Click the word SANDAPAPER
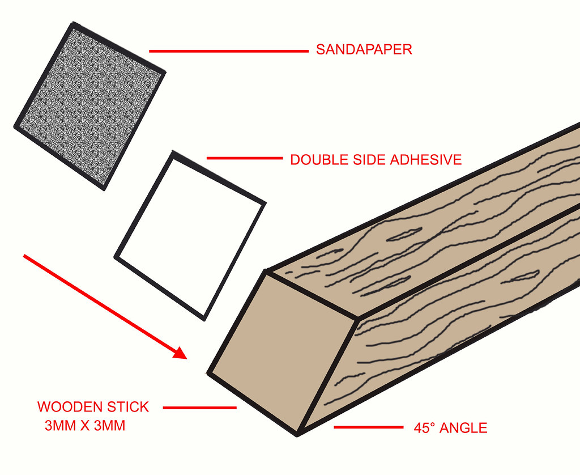click(x=364, y=50)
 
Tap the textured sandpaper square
click(x=89, y=107)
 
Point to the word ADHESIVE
click(x=425, y=160)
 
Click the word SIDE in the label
click(x=369, y=160)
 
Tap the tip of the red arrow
click(x=186, y=358)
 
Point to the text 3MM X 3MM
click(x=85, y=426)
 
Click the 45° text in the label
click(x=426, y=428)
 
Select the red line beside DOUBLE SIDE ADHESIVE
click(x=244, y=159)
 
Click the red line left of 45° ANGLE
click(x=367, y=427)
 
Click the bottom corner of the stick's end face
click(x=298, y=434)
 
